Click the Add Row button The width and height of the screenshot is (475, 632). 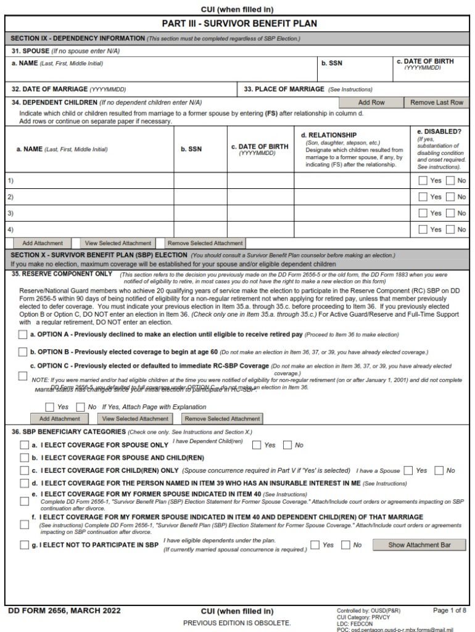[371, 102]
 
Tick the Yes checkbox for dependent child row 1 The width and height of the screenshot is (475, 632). [423, 181]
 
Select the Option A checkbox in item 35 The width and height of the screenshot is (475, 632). [23, 335]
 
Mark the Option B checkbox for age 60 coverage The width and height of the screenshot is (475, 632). [23, 352]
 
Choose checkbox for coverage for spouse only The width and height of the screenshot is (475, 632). [24, 445]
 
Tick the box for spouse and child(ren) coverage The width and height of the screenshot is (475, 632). [24, 458]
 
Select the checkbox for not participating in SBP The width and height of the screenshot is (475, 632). [24, 545]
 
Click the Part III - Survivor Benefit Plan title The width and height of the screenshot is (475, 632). [239, 24]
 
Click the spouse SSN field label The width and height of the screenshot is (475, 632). [331, 63]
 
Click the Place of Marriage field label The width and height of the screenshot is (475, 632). [284, 89]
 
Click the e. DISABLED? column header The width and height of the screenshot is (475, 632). [439, 131]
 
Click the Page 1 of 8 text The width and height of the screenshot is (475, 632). [450, 610]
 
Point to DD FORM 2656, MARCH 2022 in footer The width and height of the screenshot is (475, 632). [64, 611]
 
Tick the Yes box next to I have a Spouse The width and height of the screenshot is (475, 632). [407, 471]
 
